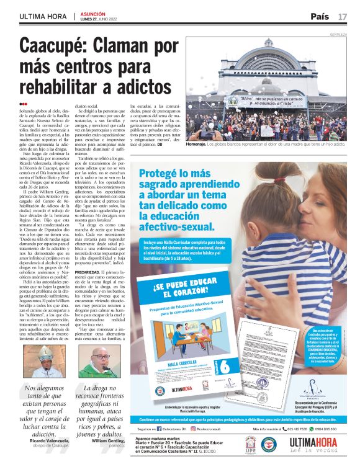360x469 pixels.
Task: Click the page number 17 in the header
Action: [x=343, y=16]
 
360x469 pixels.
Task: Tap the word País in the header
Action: [x=319, y=16]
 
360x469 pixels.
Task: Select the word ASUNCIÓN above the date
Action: [x=93, y=13]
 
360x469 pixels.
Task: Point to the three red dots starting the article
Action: [x=23, y=104]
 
